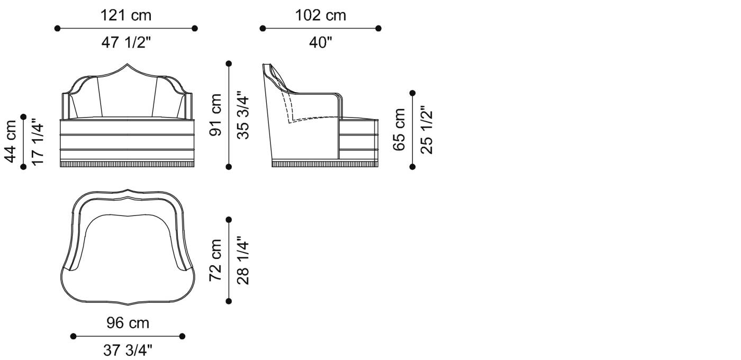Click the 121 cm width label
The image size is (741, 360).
pyautogui.click(x=126, y=15)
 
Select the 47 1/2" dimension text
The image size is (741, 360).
pyautogui.click(x=126, y=42)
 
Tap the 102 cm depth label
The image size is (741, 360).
pyautogui.click(x=321, y=15)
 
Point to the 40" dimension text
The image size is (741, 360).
pyautogui.click(x=321, y=42)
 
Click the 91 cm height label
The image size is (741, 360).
pyautogui.click(x=215, y=115)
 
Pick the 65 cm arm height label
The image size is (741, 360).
pyautogui.click(x=399, y=130)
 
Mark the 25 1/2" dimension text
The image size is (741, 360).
pyautogui.click(x=427, y=130)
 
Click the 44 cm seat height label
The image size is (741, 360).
pyautogui.click(x=10, y=142)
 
